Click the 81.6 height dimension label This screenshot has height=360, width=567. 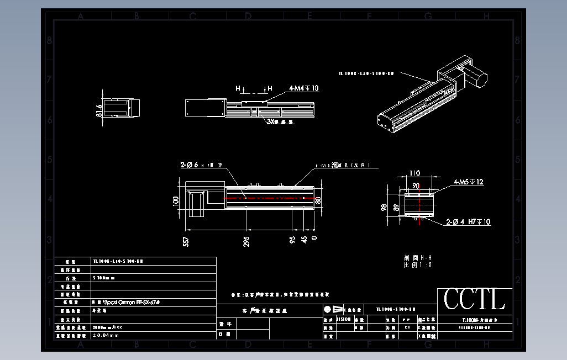click(99, 110)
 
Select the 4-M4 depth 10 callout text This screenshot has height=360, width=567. click(303, 88)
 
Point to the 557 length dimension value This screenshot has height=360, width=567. click(186, 241)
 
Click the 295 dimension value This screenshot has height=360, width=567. click(246, 241)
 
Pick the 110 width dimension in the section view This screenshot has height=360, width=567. click(414, 173)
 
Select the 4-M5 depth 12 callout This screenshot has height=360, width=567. click(469, 182)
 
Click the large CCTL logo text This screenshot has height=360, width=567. click(474, 300)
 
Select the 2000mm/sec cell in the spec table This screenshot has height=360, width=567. click(108, 327)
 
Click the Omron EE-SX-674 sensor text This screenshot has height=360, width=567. click(124, 303)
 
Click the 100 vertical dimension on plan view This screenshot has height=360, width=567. click(176, 200)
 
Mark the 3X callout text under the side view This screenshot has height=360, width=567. click(279, 121)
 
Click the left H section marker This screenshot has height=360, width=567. click(238, 88)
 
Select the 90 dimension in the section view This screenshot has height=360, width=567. click(416, 186)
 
